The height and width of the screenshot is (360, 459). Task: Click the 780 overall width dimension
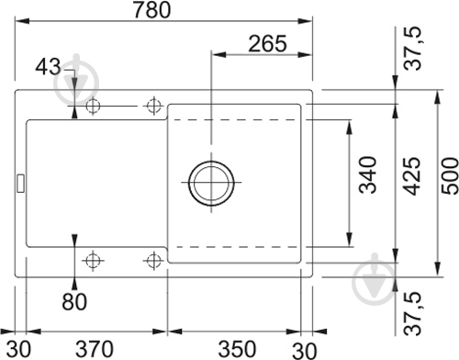(x=152, y=10)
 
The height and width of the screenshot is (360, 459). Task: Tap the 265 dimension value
(x=267, y=43)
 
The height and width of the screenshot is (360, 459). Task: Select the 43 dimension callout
(x=48, y=67)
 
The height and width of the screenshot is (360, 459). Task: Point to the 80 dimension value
(x=74, y=301)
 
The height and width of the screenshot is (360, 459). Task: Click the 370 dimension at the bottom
(x=95, y=349)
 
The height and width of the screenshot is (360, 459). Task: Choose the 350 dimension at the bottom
(x=237, y=349)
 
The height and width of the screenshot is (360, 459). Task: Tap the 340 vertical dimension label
(x=367, y=174)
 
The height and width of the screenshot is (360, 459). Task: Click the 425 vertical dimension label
(x=411, y=176)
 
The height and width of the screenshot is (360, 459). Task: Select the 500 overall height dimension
(x=450, y=175)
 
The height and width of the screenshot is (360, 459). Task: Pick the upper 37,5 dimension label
(x=412, y=49)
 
